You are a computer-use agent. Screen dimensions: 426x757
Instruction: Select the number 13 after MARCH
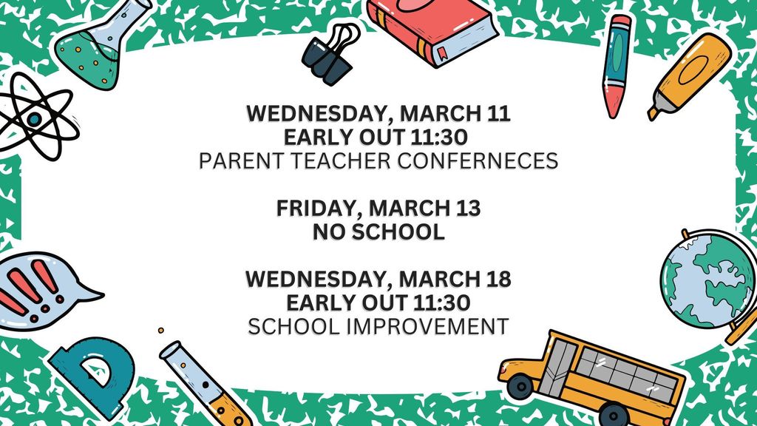pos(466,209)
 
